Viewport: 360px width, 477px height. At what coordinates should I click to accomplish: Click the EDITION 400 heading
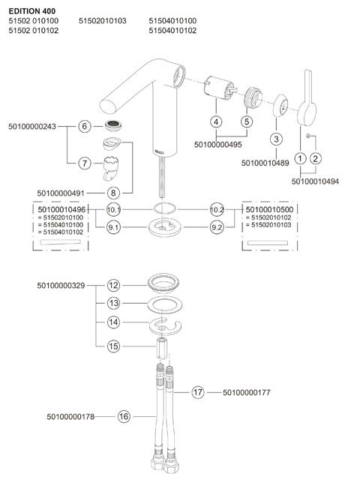click(x=32, y=11)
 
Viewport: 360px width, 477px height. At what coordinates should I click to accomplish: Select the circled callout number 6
click(x=85, y=126)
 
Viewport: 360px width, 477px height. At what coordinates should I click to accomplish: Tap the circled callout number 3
click(x=276, y=139)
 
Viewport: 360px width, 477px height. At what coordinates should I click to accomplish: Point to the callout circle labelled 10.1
click(x=113, y=209)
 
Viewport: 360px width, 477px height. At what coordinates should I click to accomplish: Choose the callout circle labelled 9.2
click(x=217, y=227)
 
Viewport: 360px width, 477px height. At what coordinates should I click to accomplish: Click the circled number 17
click(x=198, y=392)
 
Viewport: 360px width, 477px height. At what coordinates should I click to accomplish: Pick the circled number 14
click(x=113, y=322)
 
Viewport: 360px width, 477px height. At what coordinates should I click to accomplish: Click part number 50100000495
click(x=218, y=145)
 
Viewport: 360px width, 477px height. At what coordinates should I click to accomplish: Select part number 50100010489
click(x=265, y=163)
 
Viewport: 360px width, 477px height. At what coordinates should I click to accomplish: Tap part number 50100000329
click(x=61, y=286)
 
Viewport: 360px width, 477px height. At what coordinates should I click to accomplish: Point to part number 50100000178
click(x=70, y=416)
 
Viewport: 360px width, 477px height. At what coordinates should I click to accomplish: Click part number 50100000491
click(x=61, y=193)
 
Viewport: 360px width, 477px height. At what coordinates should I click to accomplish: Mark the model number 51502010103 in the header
click(x=103, y=21)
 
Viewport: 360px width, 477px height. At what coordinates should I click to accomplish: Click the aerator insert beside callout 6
click(x=113, y=125)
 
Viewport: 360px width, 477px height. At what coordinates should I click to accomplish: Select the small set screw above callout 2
click(x=308, y=135)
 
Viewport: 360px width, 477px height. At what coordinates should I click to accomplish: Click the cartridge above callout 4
click(x=220, y=88)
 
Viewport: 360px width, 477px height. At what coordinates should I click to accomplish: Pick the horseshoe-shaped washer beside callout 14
click(x=165, y=326)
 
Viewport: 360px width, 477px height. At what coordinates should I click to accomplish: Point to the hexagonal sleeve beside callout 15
click(x=162, y=348)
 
